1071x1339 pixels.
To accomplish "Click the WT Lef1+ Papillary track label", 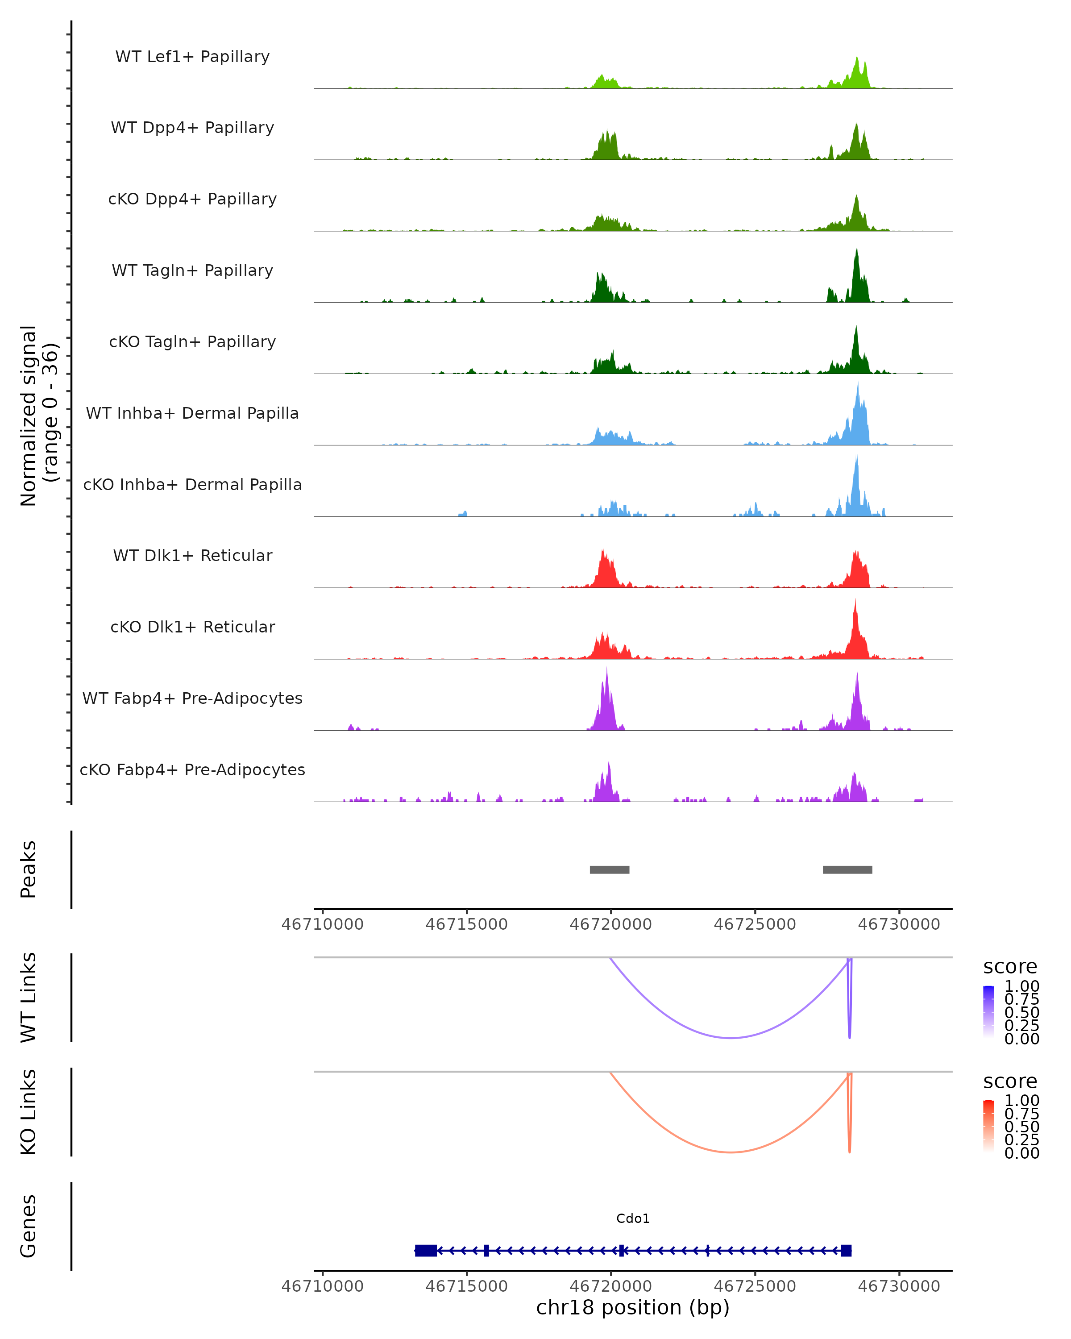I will (192, 57).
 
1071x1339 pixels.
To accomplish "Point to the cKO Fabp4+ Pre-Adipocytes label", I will (192, 769).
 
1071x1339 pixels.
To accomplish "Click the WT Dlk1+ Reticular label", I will (192, 555).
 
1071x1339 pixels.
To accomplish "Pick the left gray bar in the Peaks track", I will (609, 869).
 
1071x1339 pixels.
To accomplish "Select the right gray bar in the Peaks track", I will (847, 869).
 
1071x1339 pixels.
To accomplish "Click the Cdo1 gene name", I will (633, 1218).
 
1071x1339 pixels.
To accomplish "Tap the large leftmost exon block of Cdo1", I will (426, 1251).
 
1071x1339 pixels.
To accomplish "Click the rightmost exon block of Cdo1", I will (846, 1251).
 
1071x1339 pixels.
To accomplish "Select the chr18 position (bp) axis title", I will (633, 1307).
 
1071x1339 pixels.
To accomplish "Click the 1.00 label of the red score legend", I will (1021, 1101).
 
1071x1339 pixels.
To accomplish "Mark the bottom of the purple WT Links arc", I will (731, 1038).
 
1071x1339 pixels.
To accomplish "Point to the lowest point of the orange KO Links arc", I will (731, 1152).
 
